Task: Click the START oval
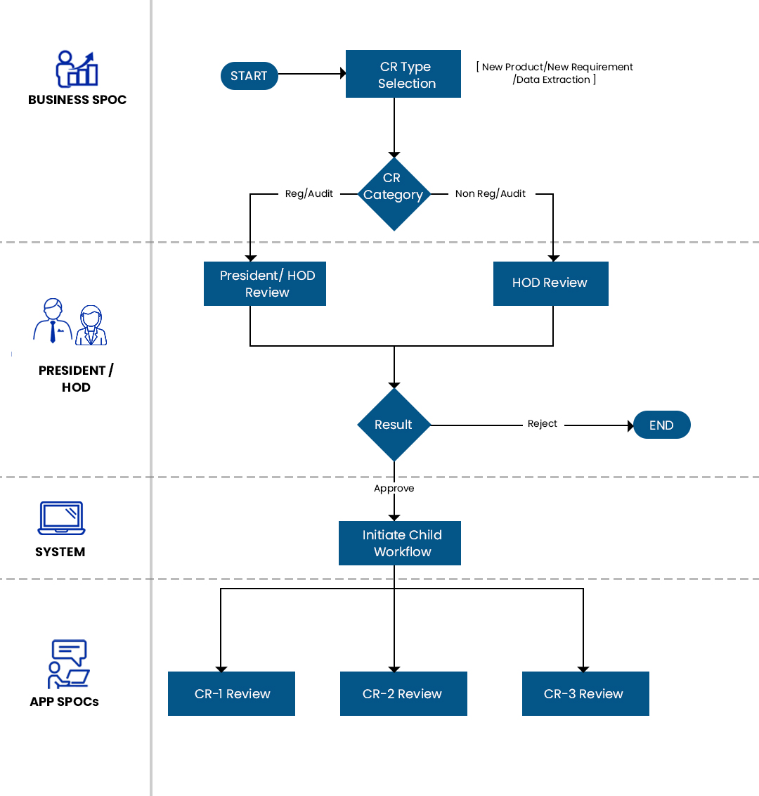pyautogui.click(x=249, y=76)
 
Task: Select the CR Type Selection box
pyautogui.click(x=403, y=74)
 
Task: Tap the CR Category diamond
pyautogui.click(x=394, y=193)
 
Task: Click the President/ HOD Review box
pyautogui.click(x=265, y=283)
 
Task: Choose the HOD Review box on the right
pyautogui.click(x=550, y=283)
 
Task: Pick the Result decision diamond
pyautogui.click(x=394, y=425)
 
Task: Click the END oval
pyautogui.click(x=661, y=425)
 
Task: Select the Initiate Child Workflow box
pyautogui.click(x=400, y=543)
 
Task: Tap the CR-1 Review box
pyautogui.click(x=231, y=693)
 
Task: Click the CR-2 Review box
pyautogui.click(x=403, y=693)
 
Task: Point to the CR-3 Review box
pyautogui.click(x=585, y=693)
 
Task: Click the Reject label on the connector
pyautogui.click(x=543, y=424)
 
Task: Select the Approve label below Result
pyautogui.click(x=394, y=489)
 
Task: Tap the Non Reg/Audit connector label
pyautogui.click(x=491, y=194)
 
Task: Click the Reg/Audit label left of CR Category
pyautogui.click(x=309, y=194)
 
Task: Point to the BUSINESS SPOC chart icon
pyautogui.click(x=77, y=69)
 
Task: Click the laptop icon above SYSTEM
pyautogui.click(x=61, y=518)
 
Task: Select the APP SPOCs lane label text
pyautogui.click(x=64, y=702)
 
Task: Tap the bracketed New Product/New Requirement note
pyautogui.click(x=555, y=73)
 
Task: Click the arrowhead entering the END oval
pyautogui.click(x=630, y=425)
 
